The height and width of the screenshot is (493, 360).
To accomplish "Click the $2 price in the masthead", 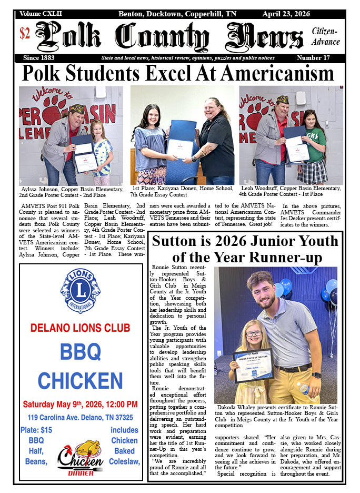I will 25,33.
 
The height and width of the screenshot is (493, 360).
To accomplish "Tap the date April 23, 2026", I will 286,13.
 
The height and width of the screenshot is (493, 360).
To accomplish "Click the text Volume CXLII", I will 41,13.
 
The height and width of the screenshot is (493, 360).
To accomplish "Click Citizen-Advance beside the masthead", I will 326,37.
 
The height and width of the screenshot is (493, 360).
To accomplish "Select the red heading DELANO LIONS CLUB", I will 80,328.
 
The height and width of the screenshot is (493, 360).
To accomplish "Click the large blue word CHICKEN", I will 80,379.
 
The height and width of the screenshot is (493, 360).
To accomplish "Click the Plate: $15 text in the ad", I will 36,430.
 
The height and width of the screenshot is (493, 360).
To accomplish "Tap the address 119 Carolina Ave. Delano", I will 80,418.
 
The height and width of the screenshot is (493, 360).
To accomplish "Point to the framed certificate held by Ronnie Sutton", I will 252,364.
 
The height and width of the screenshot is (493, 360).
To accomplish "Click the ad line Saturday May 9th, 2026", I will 80,405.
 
